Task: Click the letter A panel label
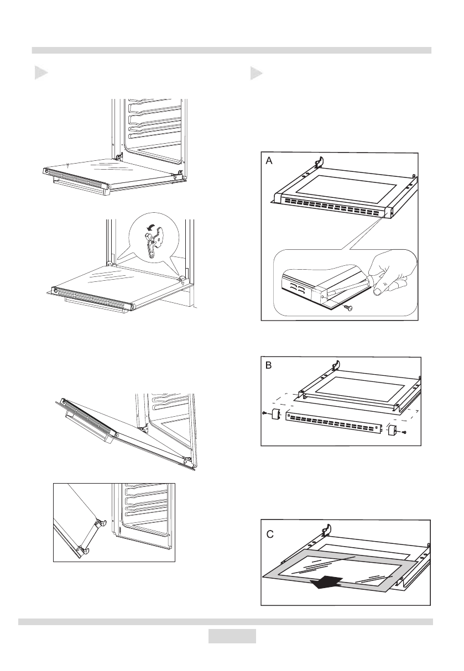click(269, 161)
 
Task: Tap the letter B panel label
click(269, 366)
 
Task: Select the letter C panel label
click(270, 535)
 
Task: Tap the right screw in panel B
click(404, 433)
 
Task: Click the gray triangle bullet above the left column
click(39, 72)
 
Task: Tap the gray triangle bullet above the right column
click(256, 73)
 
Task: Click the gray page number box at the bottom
click(232, 636)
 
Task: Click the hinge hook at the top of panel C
click(326, 531)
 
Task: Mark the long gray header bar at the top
click(232, 50)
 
